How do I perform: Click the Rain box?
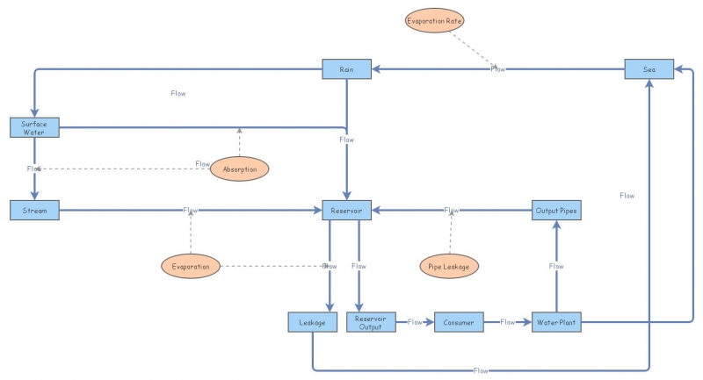point(347,68)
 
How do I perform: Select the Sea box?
point(649,68)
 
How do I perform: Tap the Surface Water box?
point(34,128)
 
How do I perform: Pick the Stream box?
point(34,211)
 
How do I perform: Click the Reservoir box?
point(347,211)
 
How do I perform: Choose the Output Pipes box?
point(556,211)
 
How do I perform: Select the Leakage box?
point(313,323)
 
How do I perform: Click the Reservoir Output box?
point(371,323)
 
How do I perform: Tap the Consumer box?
point(459,323)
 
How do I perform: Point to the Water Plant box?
point(556,323)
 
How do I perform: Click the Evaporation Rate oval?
point(434,19)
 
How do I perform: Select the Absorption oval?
point(239,168)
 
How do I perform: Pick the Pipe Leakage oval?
point(449,266)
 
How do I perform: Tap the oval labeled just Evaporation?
point(190,266)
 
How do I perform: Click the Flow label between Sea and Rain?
point(498,68)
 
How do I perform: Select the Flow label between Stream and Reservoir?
point(191,211)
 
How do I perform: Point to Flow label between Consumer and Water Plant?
point(508,323)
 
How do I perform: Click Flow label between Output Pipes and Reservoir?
point(452,211)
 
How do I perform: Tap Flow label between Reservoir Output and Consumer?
point(416,323)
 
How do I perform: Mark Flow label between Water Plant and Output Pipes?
point(556,266)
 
